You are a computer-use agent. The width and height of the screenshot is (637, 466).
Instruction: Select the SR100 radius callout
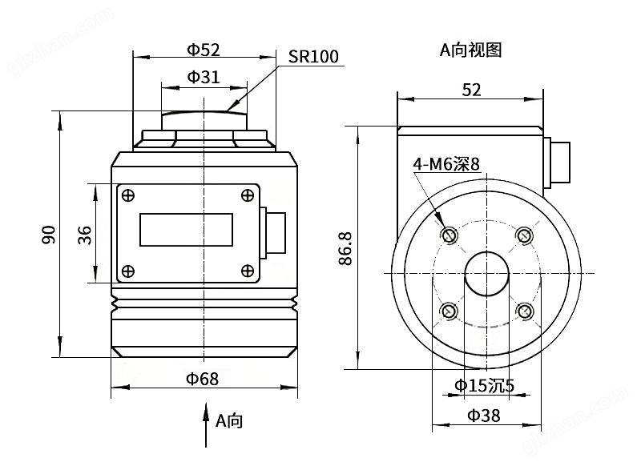(312, 57)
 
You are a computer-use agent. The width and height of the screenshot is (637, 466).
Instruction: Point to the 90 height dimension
(49, 234)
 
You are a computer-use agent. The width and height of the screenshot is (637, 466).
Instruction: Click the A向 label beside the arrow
(228, 420)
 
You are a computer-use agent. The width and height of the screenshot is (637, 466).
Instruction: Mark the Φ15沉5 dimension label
(485, 385)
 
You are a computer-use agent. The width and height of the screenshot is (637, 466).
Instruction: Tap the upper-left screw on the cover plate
(128, 195)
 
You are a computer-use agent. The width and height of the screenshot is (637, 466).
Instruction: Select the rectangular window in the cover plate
(187, 230)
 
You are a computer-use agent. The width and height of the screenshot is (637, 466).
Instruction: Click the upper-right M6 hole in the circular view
(524, 235)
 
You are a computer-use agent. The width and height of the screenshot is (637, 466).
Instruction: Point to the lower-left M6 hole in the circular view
(449, 311)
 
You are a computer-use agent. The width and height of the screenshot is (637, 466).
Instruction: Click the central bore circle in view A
(486, 272)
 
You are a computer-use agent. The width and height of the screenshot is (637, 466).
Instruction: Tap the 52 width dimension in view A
(472, 90)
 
